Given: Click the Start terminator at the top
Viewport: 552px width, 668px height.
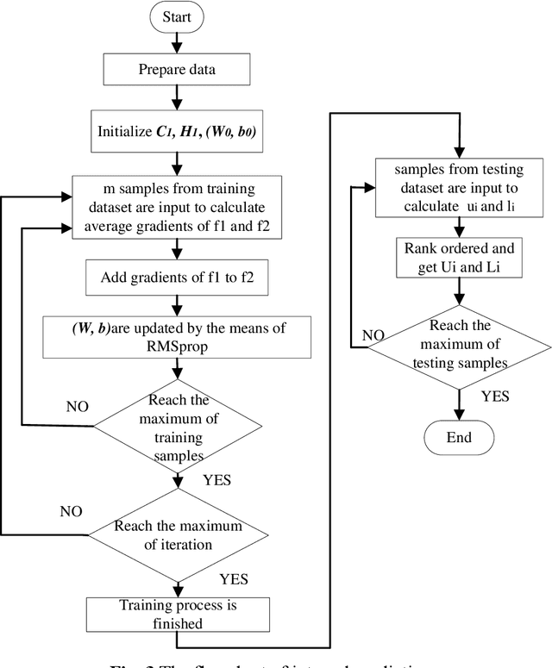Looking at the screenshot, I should [177, 17].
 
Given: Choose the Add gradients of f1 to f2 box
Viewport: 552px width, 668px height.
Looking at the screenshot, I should [176, 278].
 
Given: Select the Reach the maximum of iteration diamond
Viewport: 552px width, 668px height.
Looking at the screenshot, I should [176, 534].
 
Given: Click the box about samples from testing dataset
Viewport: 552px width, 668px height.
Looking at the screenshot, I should [459, 184].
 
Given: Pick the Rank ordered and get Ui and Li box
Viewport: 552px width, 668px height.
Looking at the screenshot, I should [459, 256].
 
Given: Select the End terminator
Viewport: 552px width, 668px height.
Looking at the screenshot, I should [459, 437].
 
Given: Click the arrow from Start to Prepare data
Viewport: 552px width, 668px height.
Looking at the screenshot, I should [177, 41].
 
